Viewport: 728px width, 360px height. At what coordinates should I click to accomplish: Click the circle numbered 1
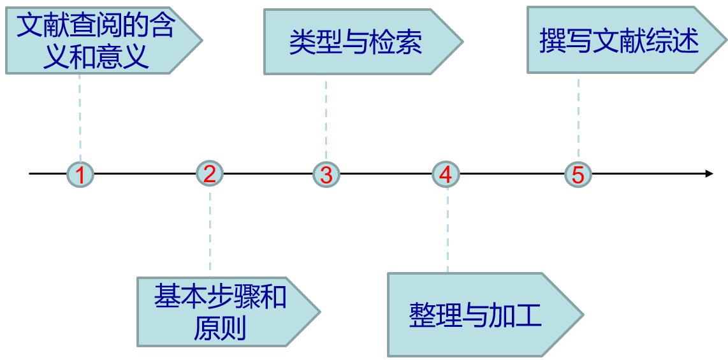(80, 174)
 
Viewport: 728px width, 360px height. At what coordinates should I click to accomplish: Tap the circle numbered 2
(210, 173)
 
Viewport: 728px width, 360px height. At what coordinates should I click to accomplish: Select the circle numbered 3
(326, 174)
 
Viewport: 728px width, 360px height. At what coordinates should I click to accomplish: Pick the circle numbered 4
(446, 174)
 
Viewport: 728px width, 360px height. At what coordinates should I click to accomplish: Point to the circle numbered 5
(578, 174)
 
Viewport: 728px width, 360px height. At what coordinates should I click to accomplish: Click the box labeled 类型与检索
(356, 42)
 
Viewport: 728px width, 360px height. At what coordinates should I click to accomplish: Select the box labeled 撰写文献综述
(619, 40)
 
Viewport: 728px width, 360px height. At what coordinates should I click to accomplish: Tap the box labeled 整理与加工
(476, 315)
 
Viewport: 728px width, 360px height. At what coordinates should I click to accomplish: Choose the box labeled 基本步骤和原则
(220, 312)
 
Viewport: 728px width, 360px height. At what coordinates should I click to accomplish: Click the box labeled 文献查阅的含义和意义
(96, 41)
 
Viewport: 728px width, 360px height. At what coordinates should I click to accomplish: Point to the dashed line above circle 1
(80, 117)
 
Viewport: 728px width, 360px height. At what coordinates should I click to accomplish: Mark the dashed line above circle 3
(326, 119)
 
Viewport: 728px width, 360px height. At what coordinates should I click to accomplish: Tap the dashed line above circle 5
(578, 118)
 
